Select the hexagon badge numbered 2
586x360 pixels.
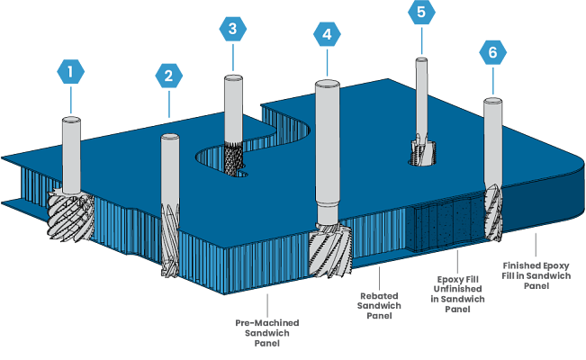[x=167, y=76]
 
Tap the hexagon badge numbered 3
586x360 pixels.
[x=233, y=29]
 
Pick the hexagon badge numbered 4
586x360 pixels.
[x=327, y=35]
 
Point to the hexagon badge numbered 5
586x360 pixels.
[x=420, y=13]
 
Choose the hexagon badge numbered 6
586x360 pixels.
[x=491, y=53]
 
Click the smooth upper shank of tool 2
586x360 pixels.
[x=169, y=171]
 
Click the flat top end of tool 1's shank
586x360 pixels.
[x=70, y=119]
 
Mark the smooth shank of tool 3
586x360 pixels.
[x=234, y=108]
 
